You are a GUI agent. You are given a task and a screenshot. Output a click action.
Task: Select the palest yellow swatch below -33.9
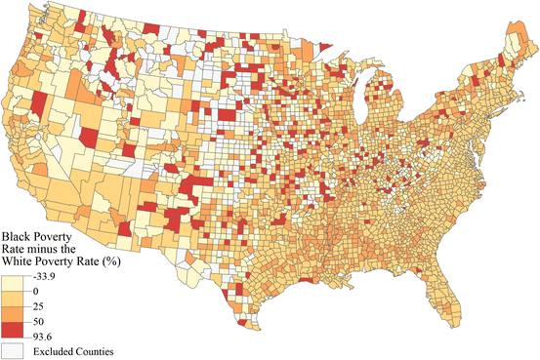pos(15,284)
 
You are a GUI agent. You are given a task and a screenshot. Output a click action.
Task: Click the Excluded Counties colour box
pos(15,349)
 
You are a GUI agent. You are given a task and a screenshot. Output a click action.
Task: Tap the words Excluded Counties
pos(69,350)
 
